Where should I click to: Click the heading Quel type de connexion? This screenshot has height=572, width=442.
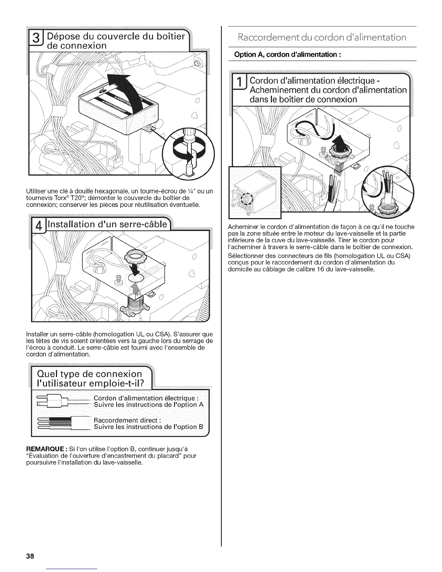click(91, 373)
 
